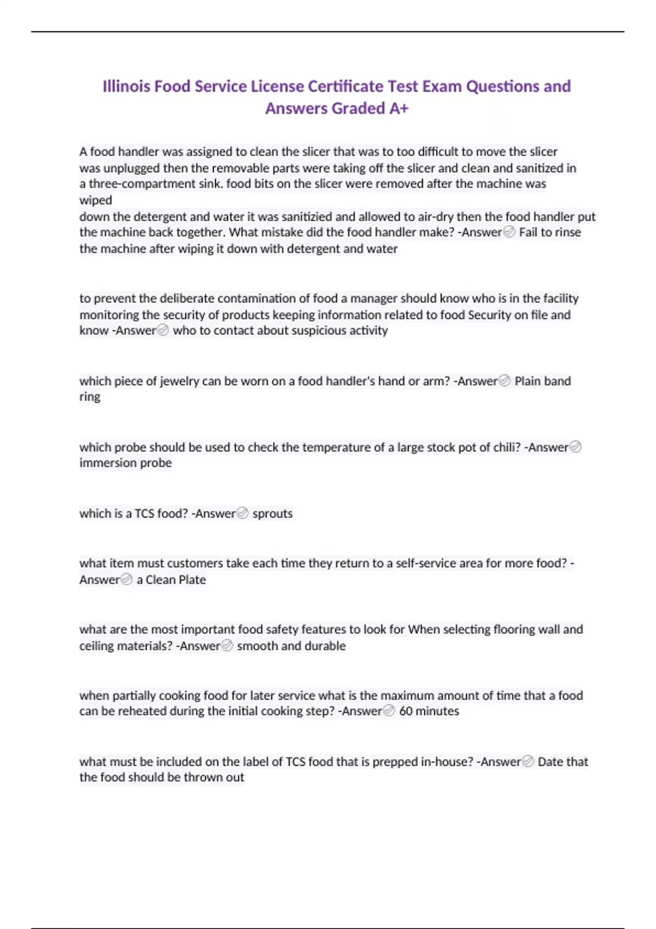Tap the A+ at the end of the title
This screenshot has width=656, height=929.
[399, 108]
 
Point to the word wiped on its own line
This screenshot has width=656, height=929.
[96, 200]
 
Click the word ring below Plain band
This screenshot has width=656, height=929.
[90, 397]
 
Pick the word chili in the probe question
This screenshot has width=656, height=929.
[506, 448]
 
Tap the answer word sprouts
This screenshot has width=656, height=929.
[272, 514]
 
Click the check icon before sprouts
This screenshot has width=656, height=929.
[243, 513]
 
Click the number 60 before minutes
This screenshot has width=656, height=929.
[406, 711]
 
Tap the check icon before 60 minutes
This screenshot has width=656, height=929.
[389, 710]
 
